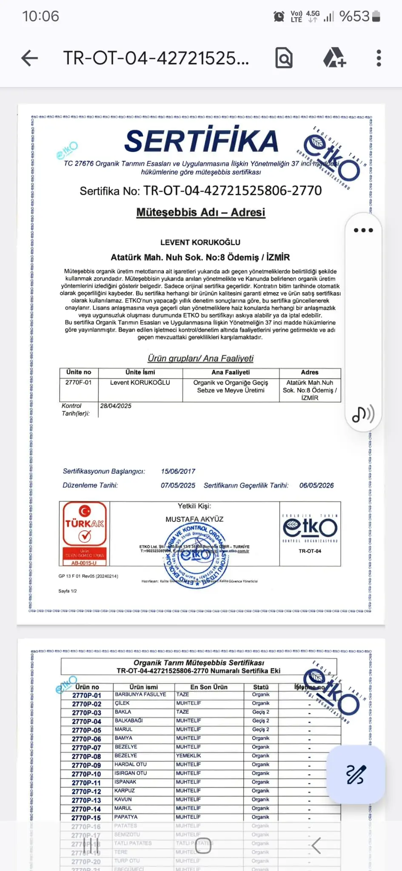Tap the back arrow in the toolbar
[29, 58]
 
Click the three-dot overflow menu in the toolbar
[379, 58]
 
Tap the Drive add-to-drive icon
[334, 58]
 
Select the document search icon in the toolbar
[284, 58]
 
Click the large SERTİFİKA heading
[201, 141]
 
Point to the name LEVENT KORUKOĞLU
[200, 242]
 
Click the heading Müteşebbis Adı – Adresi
[201, 212]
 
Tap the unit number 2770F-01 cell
[78, 382]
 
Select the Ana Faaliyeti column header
[231, 372]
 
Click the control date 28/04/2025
[116, 406]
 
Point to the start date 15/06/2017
[178, 471]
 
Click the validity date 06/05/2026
[316, 485]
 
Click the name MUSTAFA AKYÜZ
[194, 519]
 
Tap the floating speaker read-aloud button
[363, 414]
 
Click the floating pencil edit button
[356, 774]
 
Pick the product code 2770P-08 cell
[86, 756]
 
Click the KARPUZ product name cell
[125, 791]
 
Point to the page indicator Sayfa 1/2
[68, 591]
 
